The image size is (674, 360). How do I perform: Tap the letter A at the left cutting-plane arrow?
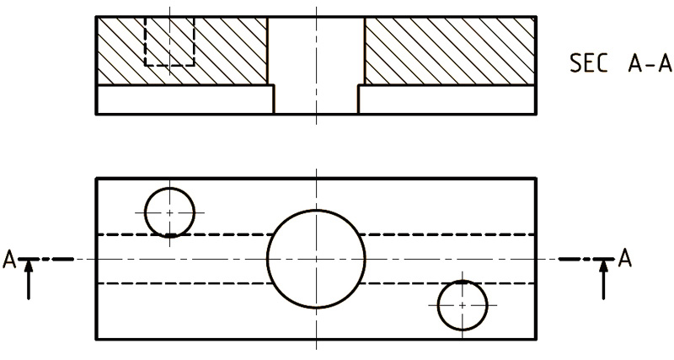pyautogui.click(x=9, y=260)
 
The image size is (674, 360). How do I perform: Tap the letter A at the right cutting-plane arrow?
pyautogui.click(x=625, y=259)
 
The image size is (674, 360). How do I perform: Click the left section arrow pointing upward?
pyautogui.click(x=29, y=279)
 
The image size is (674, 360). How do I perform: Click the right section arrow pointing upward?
pyautogui.click(x=604, y=279)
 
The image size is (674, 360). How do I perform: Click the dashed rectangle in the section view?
pyautogui.click(x=144, y=41)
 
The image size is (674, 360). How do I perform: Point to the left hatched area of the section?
pyautogui.click(x=183, y=51)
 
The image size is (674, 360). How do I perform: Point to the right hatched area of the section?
pyautogui.click(x=449, y=51)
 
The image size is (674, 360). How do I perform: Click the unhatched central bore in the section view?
pyautogui.click(x=316, y=65)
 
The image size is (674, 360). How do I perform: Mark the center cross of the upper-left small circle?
pyautogui.click(x=170, y=212)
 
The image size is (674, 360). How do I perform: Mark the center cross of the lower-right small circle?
pyautogui.click(x=463, y=305)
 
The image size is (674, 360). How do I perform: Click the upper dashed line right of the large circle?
pyautogui.click(x=447, y=234)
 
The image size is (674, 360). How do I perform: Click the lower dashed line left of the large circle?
pyautogui.click(x=185, y=283)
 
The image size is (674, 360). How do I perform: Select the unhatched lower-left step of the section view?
pyautogui.click(x=185, y=99)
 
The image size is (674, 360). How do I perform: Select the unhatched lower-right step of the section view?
pyautogui.click(x=447, y=99)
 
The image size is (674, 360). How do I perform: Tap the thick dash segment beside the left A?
pyautogui.click(x=62, y=259)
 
